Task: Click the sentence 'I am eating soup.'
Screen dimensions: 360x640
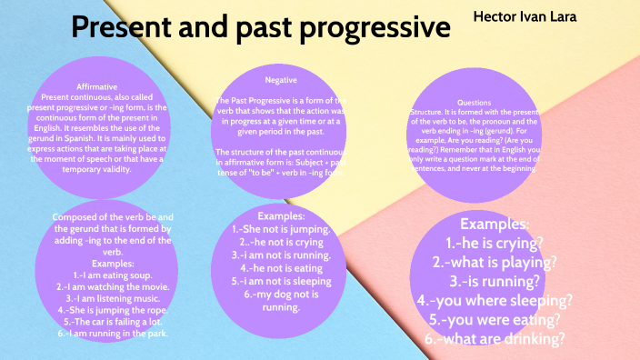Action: tap(113, 275)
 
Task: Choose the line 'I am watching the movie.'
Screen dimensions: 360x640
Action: tap(113, 286)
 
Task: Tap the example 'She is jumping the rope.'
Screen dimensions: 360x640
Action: tap(113, 309)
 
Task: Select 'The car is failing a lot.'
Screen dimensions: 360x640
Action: tap(113, 321)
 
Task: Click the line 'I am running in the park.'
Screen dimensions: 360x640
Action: tap(113, 334)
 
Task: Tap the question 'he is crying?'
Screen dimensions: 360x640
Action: tap(495, 244)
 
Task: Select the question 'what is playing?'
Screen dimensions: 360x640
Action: tap(495, 263)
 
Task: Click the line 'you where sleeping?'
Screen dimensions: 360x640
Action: tap(495, 300)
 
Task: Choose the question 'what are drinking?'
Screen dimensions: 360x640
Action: tap(495, 338)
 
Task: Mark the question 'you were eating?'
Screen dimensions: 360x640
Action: tap(495, 319)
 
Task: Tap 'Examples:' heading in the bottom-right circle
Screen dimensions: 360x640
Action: tap(495, 225)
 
